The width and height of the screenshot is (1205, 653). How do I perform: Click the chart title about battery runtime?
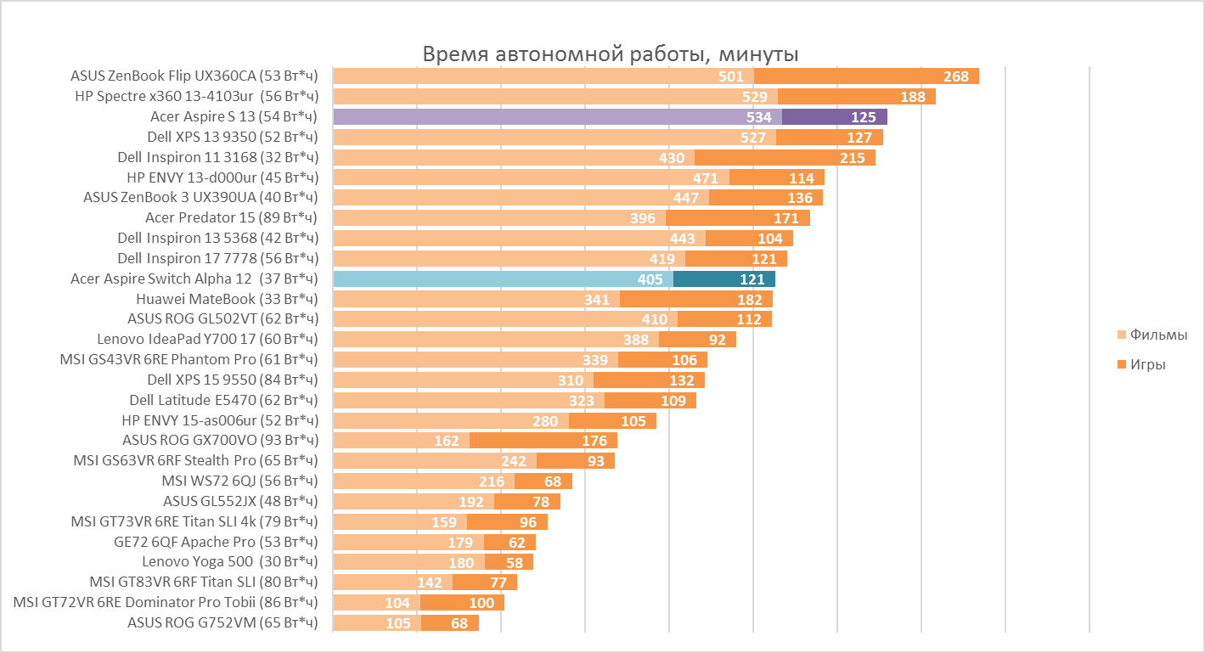(x=610, y=55)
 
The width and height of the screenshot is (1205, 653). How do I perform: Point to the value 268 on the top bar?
(x=955, y=76)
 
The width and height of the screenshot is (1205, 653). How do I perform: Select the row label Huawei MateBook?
(x=227, y=299)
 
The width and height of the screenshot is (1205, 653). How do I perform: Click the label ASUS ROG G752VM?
(x=222, y=623)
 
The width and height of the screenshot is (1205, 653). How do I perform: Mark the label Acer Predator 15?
(x=231, y=218)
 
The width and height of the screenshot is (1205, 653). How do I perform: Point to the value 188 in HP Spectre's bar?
(x=912, y=97)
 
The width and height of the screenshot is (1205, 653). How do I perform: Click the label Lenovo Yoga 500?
(x=229, y=562)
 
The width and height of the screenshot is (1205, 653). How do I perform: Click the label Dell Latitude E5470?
(x=223, y=400)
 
